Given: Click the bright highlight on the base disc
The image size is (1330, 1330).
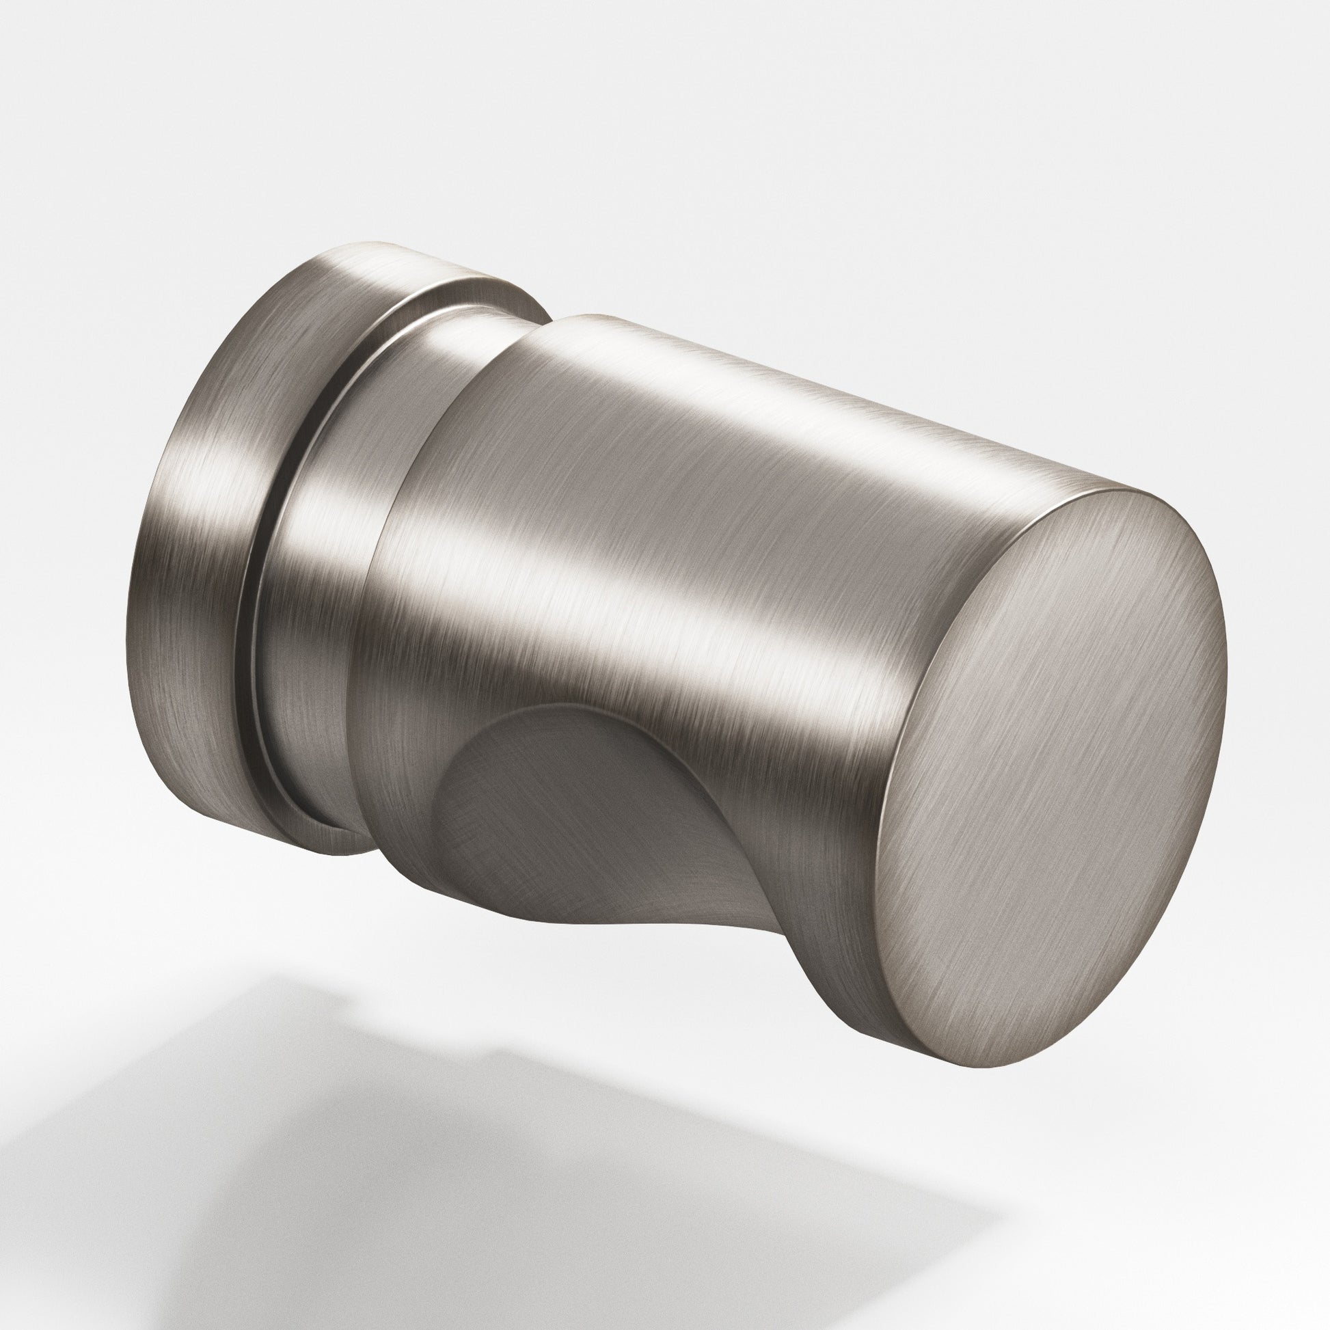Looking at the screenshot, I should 206,482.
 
